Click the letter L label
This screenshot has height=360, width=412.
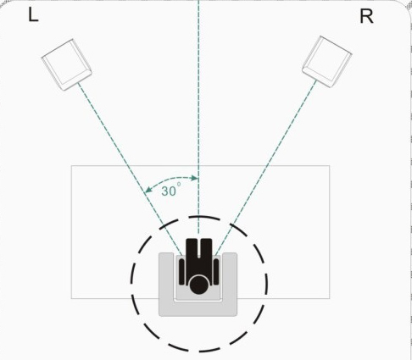(33, 15)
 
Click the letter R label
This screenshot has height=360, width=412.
(366, 17)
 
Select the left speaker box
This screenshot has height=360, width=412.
(67, 64)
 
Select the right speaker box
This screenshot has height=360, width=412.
(327, 62)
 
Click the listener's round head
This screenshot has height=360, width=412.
(198, 285)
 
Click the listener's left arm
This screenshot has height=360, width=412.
(181, 272)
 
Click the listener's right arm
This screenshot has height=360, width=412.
(216, 272)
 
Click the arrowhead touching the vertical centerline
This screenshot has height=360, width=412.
(195, 178)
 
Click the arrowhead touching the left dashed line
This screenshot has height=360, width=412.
(148, 190)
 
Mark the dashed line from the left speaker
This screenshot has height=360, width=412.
(130, 169)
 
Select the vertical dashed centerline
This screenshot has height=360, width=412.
(198, 117)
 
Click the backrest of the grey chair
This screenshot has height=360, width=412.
(198, 309)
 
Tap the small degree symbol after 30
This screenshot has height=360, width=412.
(179, 185)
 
